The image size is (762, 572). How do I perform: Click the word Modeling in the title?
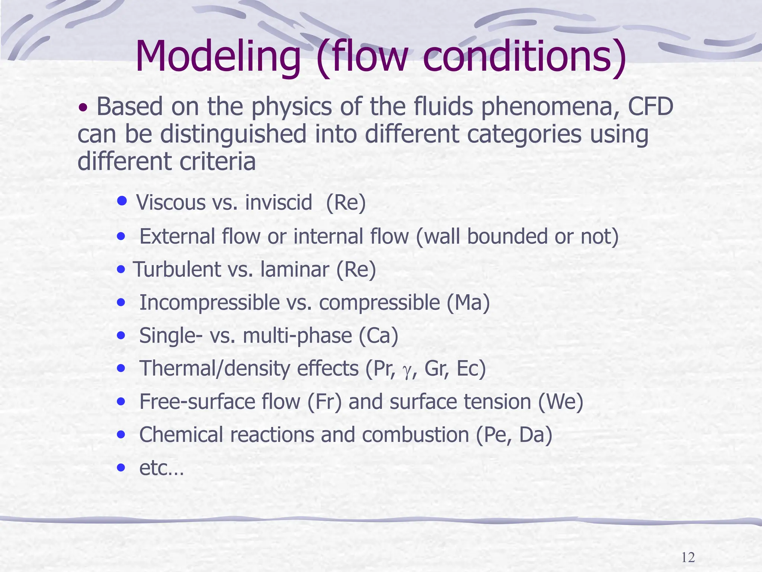[x=218, y=57]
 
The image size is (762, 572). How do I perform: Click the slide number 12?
[x=688, y=557]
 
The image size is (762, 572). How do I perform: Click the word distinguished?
[x=233, y=135]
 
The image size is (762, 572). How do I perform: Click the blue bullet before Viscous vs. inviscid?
[x=122, y=201]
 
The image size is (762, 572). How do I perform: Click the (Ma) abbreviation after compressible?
[x=468, y=303]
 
